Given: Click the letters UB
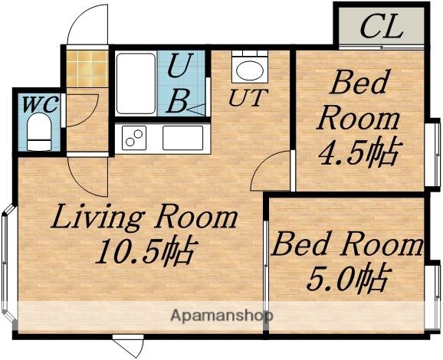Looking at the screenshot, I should point(181,85).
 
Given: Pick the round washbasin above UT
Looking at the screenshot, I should point(248,70).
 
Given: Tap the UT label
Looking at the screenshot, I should point(246,97).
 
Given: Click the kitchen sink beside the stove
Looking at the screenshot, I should point(182,139).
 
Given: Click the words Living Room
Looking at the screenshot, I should point(144,218).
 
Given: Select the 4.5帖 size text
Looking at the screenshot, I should point(358,153).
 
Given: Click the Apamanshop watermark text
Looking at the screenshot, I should point(222,315).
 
